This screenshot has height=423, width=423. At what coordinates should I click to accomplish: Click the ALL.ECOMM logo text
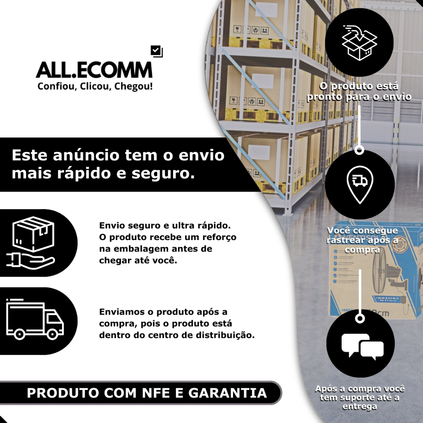pyautogui.click(x=94, y=70)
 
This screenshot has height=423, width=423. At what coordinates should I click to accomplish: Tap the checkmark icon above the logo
pyautogui.click(x=157, y=51)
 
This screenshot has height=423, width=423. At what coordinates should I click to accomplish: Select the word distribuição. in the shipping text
pyautogui.click(x=229, y=335)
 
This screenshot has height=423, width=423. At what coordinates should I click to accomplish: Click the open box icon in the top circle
pyautogui.click(x=359, y=41)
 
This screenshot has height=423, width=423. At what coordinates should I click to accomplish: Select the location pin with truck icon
pyautogui.click(x=359, y=184)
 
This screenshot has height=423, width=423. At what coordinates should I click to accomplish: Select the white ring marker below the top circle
pyautogui.click(x=359, y=150)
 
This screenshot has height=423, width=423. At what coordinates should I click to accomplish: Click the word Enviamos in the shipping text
pyautogui.click(x=119, y=312)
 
